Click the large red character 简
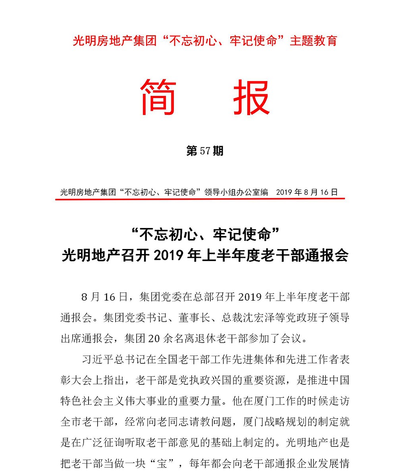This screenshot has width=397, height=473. pos(158,97)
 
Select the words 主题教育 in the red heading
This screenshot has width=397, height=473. pos(314,41)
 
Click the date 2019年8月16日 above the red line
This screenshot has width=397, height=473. pos(306,192)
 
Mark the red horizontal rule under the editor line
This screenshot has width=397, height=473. pos(200,199)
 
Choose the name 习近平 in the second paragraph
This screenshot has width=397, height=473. pos(97,360)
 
